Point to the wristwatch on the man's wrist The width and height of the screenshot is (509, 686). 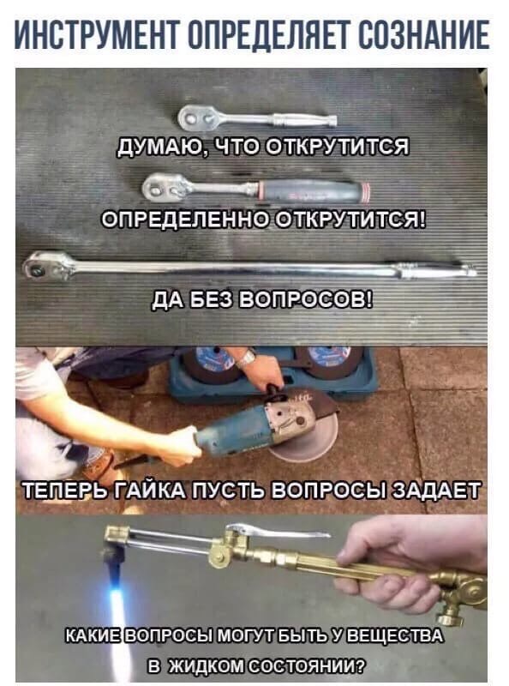coord(246,358)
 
